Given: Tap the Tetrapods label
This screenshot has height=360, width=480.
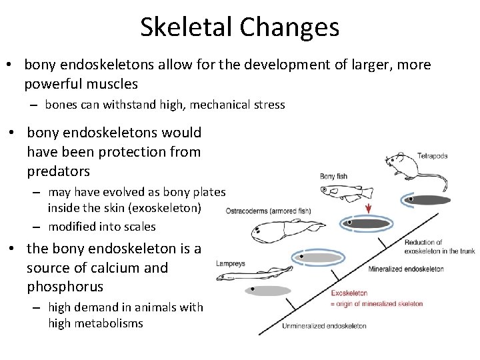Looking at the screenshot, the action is point(432,156).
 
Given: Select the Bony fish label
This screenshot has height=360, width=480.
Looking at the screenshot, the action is point(335,177).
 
